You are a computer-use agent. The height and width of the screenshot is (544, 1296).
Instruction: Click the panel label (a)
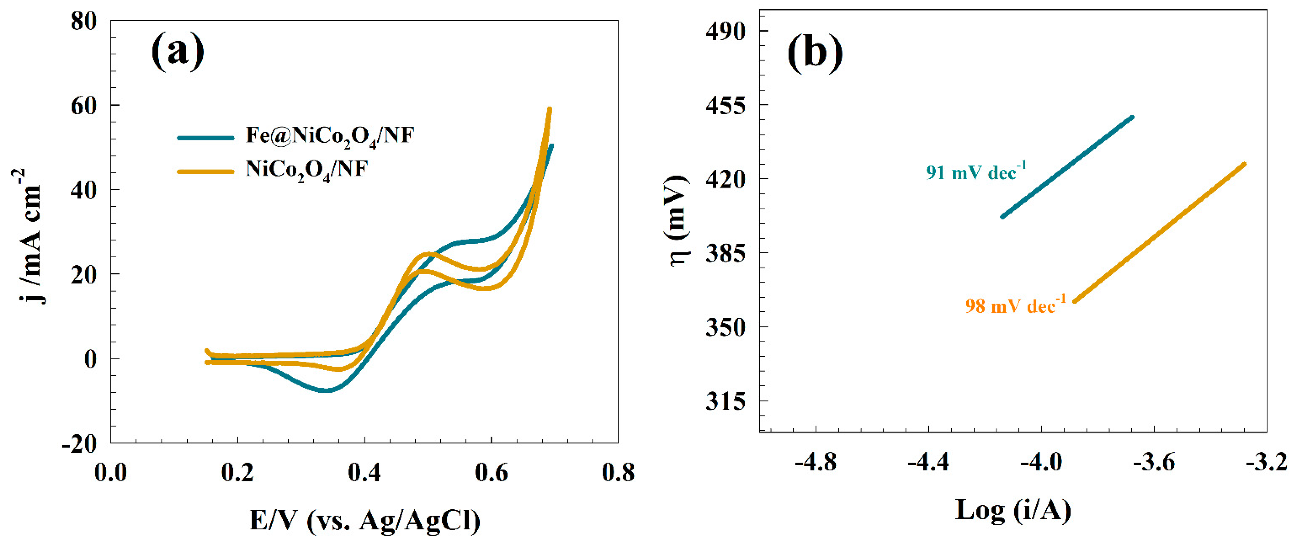coord(178,51)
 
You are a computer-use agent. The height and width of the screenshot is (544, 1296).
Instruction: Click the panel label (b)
coord(814,52)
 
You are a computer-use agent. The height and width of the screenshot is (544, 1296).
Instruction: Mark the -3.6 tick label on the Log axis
coord(1154,462)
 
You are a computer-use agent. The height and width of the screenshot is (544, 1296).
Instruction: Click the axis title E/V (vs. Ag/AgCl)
coord(365,520)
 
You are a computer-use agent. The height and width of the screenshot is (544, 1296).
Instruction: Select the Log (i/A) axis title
coord(1013,510)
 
